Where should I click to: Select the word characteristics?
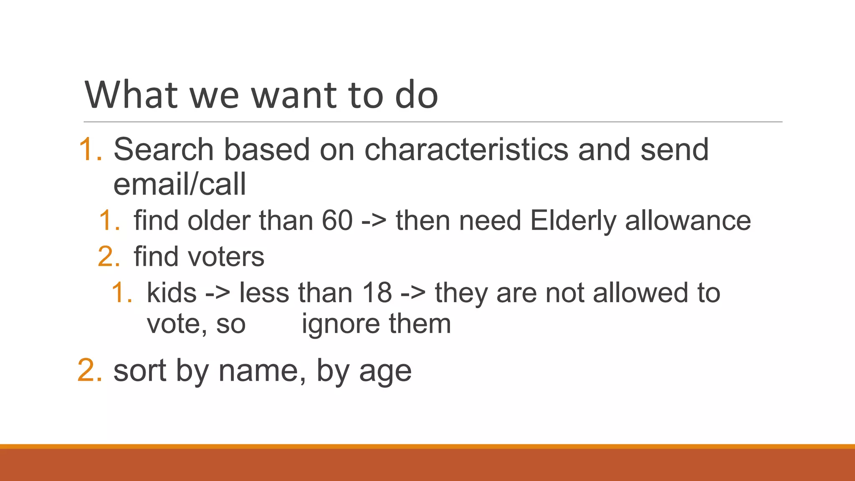pyautogui.click(x=466, y=149)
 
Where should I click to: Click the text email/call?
pyautogui.click(x=180, y=184)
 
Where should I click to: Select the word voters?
pyautogui.click(x=226, y=256)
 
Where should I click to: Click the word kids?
pyautogui.click(x=172, y=293)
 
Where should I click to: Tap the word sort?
pyautogui.click(x=140, y=370)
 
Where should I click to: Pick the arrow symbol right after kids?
pyautogui.click(x=218, y=293)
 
